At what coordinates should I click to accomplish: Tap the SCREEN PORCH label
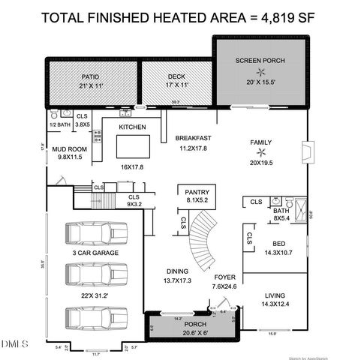(x=260, y=60)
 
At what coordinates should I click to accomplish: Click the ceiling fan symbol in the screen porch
(x=260, y=72)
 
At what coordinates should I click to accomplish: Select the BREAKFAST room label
(x=194, y=138)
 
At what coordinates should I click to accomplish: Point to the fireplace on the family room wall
(x=303, y=153)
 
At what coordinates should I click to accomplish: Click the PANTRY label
(x=197, y=192)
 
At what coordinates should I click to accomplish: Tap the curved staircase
(x=200, y=238)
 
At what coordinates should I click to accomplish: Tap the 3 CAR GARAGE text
(x=96, y=254)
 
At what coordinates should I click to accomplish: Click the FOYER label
(x=224, y=277)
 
